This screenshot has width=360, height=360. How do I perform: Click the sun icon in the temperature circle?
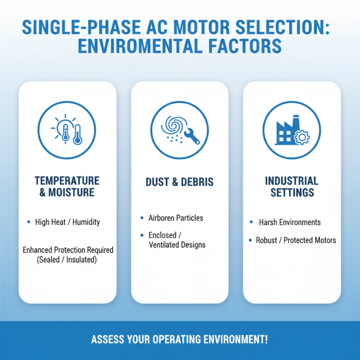pyautogui.click(x=61, y=126)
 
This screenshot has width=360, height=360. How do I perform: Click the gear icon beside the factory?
pyautogui.click(x=301, y=137)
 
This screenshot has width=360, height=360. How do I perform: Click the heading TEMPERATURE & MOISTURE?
pyautogui.click(x=67, y=186)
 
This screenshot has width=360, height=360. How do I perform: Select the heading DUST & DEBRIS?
pyautogui.click(x=180, y=182)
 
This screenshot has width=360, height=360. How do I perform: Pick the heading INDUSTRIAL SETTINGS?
pyautogui.click(x=292, y=186)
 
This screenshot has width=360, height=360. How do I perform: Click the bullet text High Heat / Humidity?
pyautogui.click(x=67, y=222)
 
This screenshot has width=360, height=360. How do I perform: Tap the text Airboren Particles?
pyautogui.click(x=175, y=218)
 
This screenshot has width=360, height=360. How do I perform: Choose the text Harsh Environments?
pyautogui.click(x=289, y=222)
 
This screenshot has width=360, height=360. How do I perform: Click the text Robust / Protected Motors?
pyautogui.click(x=296, y=240)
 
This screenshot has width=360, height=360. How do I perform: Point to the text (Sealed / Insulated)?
pyautogui.click(x=67, y=260)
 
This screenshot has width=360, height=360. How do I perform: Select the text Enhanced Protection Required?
pyautogui.click(x=67, y=250)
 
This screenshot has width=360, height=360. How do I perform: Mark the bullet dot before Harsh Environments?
pyautogui.click(x=251, y=222)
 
